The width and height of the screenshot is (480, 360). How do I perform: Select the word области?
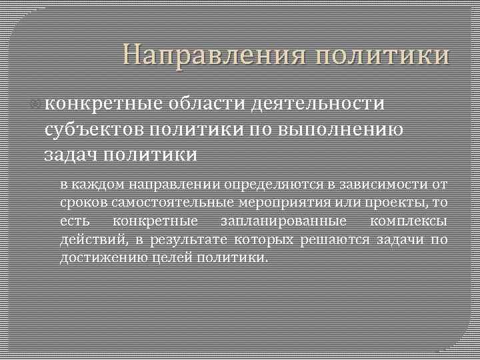pyautogui.click(x=207, y=105)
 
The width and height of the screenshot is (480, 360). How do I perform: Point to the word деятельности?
pyautogui.click(x=319, y=105)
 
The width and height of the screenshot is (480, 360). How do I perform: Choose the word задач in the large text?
pyautogui.click(x=71, y=155)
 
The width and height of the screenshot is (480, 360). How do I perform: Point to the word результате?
pyautogui.click(x=189, y=240)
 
